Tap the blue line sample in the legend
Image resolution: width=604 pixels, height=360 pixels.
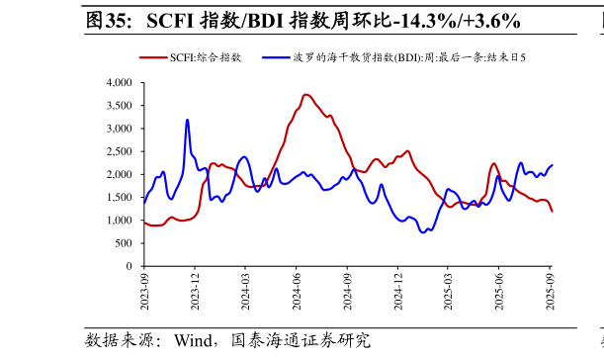(276, 57)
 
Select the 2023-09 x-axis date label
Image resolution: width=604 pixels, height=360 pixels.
(144, 293)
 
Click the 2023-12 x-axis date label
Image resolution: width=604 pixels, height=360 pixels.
(195, 293)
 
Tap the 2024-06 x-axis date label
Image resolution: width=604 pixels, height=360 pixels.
(297, 293)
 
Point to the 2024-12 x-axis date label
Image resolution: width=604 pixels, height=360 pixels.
(398, 293)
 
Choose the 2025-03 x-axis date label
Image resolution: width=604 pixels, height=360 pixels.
(449, 293)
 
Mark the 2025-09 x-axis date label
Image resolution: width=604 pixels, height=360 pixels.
(551, 293)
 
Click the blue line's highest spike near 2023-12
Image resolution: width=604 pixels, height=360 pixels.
(187, 120)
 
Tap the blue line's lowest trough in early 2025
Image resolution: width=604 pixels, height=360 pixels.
(423, 232)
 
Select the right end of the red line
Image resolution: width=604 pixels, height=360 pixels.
(553, 212)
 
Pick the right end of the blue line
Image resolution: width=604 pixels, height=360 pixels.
(552, 165)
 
